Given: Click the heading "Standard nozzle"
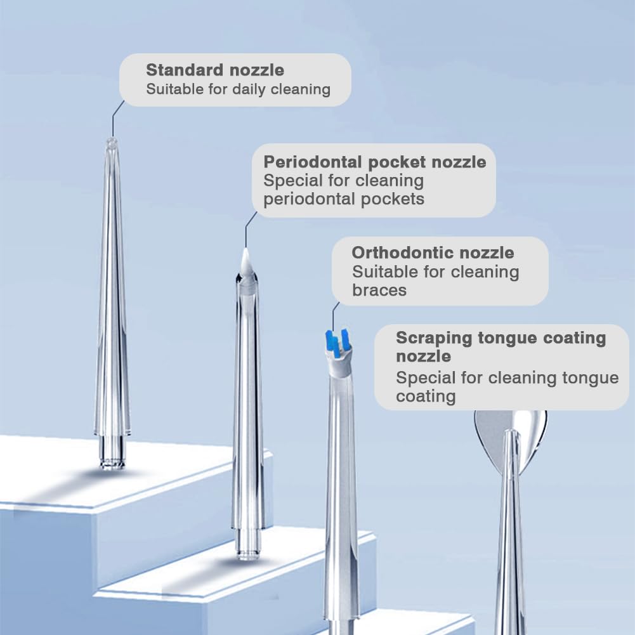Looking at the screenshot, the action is click(215, 70).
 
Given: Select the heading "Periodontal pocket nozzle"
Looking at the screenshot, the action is click(375, 162).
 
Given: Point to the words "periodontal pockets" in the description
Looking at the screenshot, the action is click(344, 199).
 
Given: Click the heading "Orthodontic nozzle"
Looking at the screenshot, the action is click(433, 252).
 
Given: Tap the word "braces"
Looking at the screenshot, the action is click(379, 291).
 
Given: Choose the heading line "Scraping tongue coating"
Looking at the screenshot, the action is click(501, 338).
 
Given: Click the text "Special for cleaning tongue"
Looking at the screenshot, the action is click(507, 378).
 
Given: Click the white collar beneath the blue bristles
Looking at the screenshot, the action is click(339, 366).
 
